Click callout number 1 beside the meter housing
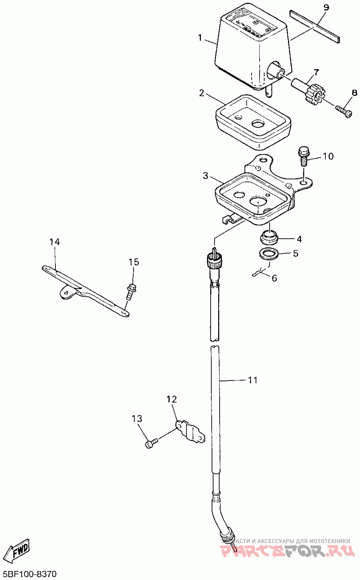click(x=200, y=38)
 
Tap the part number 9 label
click(x=326, y=8)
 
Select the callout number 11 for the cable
click(x=252, y=380)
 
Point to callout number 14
click(x=54, y=242)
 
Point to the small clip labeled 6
click(x=259, y=272)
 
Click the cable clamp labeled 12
click(x=190, y=433)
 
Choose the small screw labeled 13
click(x=151, y=444)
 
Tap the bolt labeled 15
click(x=132, y=291)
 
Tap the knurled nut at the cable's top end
click(x=213, y=261)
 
